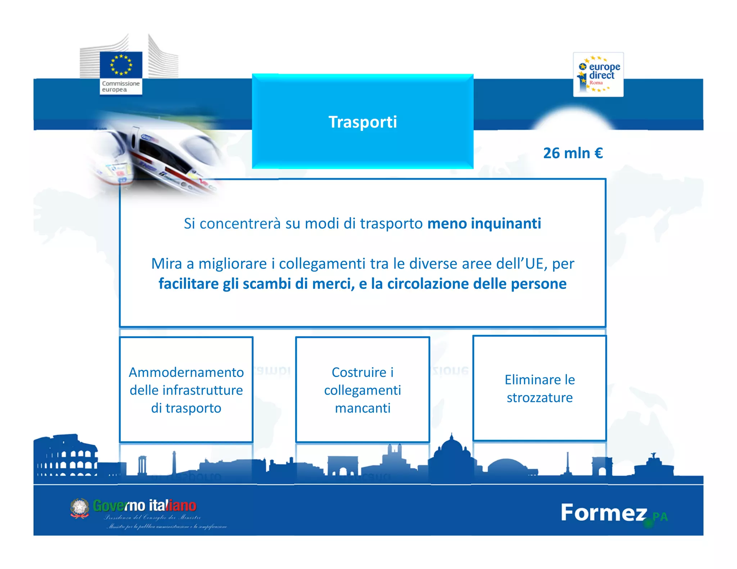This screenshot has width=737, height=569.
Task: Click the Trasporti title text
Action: [362, 122]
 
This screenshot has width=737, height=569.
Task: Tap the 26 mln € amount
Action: [573, 153]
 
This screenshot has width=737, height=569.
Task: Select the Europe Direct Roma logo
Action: [598, 74]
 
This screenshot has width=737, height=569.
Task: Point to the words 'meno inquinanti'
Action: [484, 223]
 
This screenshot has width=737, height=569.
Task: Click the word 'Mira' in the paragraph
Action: [166, 264]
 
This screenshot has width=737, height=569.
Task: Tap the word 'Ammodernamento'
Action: [186, 372]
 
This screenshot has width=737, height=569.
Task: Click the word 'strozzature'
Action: [539, 398]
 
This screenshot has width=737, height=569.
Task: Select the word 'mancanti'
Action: [363, 408]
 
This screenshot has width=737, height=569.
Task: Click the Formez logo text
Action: [604, 513]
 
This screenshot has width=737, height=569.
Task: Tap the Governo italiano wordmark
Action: [145, 506]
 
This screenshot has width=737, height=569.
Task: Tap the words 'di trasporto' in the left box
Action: [186, 408]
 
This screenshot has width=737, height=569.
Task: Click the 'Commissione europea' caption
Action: [121, 87]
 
